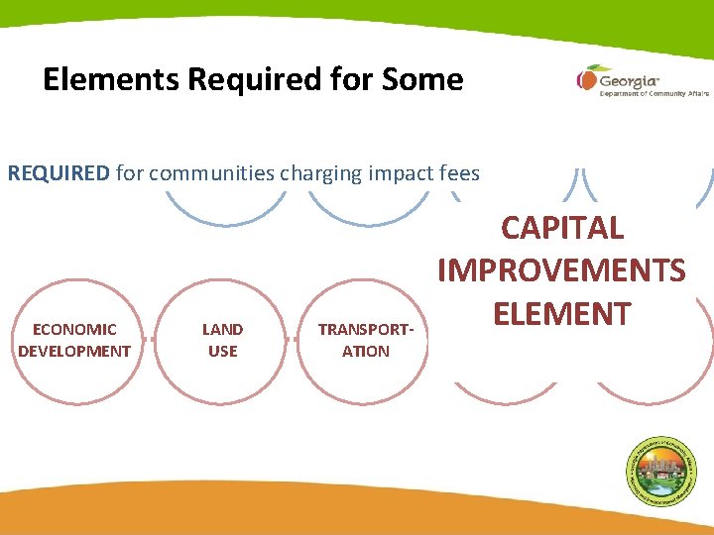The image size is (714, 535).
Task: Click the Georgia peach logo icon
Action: pyautogui.click(x=586, y=78)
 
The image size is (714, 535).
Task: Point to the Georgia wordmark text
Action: pyautogui.click(x=630, y=78)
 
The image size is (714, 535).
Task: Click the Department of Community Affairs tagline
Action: pyautogui.click(x=654, y=94)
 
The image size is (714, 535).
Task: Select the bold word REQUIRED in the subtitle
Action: pyautogui.click(x=59, y=174)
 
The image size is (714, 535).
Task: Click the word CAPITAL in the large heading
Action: pyautogui.click(x=562, y=228)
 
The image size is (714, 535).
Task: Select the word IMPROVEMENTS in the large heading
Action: pyautogui.click(x=561, y=270)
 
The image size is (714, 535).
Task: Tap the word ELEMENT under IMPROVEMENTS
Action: pyautogui.click(x=561, y=313)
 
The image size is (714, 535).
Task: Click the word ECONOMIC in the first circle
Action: pyautogui.click(x=74, y=329)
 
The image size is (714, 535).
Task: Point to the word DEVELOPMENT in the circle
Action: pyautogui.click(x=74, y=351)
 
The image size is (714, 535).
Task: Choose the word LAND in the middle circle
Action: pyautogui.click(x=222, y=329)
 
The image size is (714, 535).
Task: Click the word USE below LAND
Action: pyautogui.click(x=222, y=351)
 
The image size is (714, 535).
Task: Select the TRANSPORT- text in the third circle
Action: pyautogui.click(x=366, y=330)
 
